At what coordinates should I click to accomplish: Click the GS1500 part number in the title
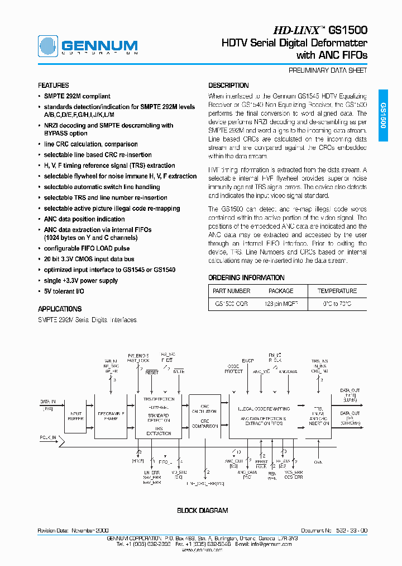[x=347, y=30]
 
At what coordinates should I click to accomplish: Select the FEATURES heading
[x=54, y=86]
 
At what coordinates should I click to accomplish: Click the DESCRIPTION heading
[x=228, y=86]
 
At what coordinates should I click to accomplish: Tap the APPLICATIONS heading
[x=60, y=309]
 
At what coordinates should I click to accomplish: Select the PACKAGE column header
[x=281, y=291]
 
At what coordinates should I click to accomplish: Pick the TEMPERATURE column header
[x=337, y=291]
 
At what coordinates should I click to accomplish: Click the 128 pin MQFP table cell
[x=281, y=304]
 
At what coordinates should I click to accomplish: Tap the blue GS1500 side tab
[x=383, y=115]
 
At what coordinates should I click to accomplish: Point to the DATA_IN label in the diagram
[x=48, y=402]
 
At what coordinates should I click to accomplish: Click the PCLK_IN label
[x=48, y=438]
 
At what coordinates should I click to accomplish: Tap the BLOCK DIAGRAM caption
[x=203, y=511]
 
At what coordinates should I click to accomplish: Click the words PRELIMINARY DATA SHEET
[x=328, y=71]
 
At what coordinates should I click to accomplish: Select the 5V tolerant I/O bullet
[x=65, y=291]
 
